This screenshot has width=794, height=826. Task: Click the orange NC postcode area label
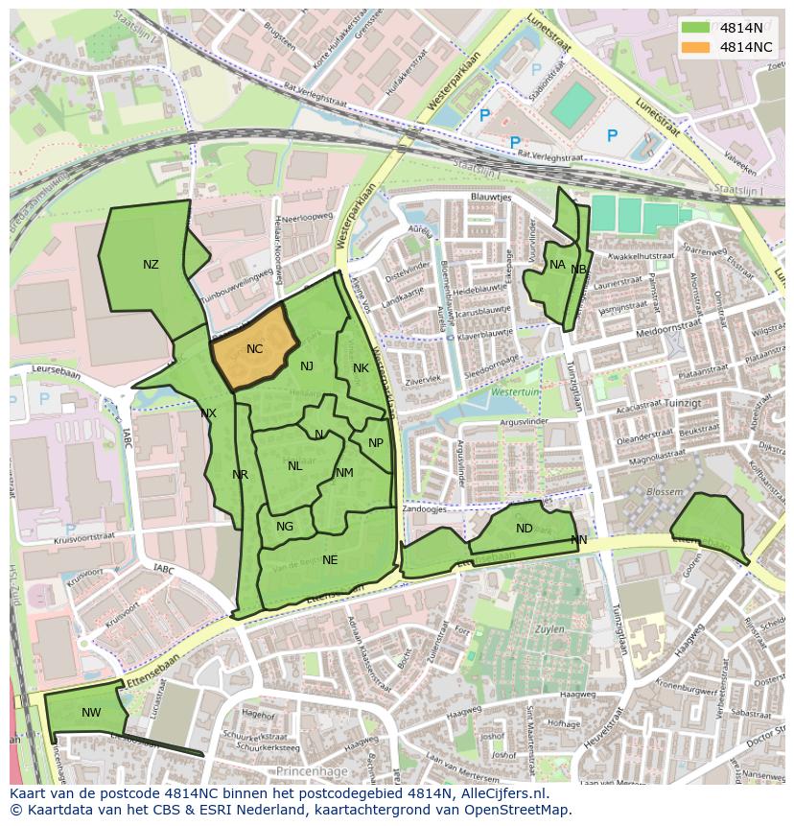254,349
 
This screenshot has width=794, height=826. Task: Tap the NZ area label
151,265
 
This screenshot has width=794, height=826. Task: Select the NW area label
91,712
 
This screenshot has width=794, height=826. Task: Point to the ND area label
524,529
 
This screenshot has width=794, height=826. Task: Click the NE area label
330,559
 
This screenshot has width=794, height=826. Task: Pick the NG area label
285,527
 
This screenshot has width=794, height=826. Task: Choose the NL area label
294,466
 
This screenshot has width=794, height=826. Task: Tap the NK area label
361,368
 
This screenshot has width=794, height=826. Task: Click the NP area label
376,443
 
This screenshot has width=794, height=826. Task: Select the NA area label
557,265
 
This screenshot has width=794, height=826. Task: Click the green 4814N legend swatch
696,28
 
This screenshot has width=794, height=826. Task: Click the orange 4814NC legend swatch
696,46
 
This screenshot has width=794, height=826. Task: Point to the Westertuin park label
515,393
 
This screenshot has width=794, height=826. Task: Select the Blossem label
666,491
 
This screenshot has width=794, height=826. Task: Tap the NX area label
208,413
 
